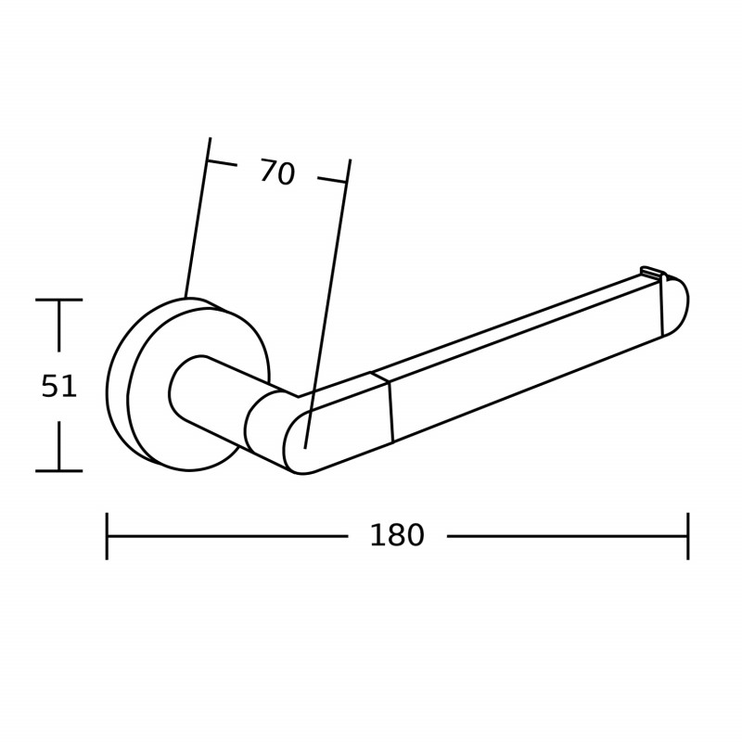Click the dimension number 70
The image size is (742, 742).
[x=276, y=173]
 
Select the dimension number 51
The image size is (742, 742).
[x=58, y=387]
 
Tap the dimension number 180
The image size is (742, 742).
[x=396, y=536]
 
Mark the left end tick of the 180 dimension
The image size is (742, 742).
[x=107, y=536]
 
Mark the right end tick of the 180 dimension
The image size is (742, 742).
[x=687, y=536]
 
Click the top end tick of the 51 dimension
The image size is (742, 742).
[x=58, y=300]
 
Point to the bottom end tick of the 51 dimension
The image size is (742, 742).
[x=58, y=471]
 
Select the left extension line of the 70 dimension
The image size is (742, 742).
[x=197, y=223]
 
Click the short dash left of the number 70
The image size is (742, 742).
[x=222, y=163]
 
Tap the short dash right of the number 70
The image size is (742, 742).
[x=332, y=180]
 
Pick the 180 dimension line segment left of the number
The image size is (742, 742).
[x=227, y=536]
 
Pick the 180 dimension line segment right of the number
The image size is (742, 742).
[x=566, y=536]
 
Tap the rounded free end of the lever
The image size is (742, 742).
[x=675, y=306]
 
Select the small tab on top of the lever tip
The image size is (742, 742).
[x=652, y=272]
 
